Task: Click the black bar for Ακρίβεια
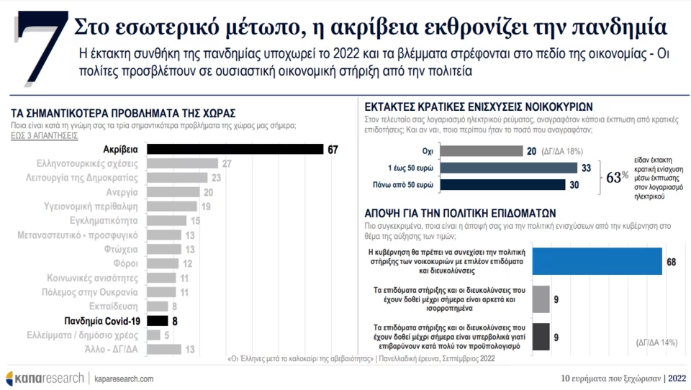(x=235, y=149)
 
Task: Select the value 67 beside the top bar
(x=333, y=149)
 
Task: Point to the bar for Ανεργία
(x=173, y=192)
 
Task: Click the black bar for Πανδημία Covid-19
(x=157, y=320)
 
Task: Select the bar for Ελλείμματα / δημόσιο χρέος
(x=153, y=335)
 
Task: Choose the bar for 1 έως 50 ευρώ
(x=508, y=168)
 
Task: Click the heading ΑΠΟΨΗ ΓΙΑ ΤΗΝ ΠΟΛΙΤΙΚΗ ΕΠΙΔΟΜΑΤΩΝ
(x=461, y=214)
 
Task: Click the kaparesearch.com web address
(x=123, y=378)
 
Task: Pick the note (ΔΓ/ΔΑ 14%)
(x=656, y=343)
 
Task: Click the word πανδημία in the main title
(x=621, y=27)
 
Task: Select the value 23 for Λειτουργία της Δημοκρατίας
(x=214, y=178)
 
